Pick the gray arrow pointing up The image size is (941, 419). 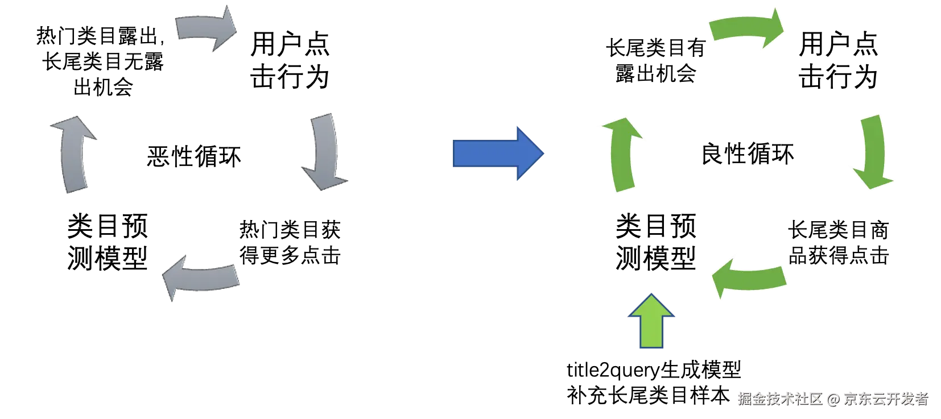[x=75, y=155]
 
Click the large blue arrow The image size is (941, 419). [x=498, y=154]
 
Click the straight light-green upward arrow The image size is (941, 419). [x=652, y=322]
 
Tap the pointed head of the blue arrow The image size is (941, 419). [x=530, y=154]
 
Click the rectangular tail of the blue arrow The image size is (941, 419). [x=484, y=154]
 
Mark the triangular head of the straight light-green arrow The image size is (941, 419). [x=652, y=306]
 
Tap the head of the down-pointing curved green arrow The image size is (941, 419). [x=873, y=179]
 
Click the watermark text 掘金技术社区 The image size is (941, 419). [x=779, y=398]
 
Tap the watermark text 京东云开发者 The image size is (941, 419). [x=885, y=398]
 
